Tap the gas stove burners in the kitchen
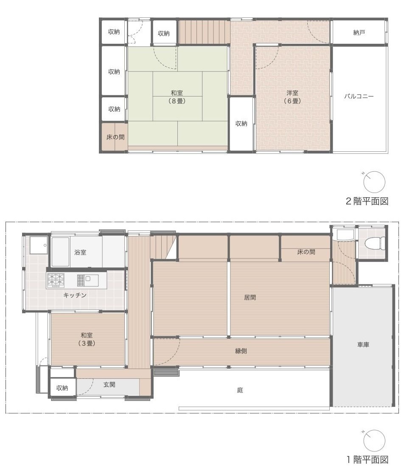[56, 281]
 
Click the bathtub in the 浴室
[61, 252]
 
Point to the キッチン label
[75, 295]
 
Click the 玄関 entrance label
[109, 384]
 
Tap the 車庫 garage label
[363, 344]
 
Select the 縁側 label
[241, 351]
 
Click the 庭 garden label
[240, 390]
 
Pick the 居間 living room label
[250, 297]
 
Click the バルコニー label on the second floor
[359, 96]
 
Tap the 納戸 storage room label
[359, 33]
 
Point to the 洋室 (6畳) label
[292, 97]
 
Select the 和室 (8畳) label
[177, 97]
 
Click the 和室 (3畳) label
[87, 339]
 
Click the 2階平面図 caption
[367, 201]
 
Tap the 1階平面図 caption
[368, 459]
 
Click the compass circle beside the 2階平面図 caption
[374, 182]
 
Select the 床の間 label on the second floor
[115, 137]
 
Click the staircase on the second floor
[204, 32]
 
